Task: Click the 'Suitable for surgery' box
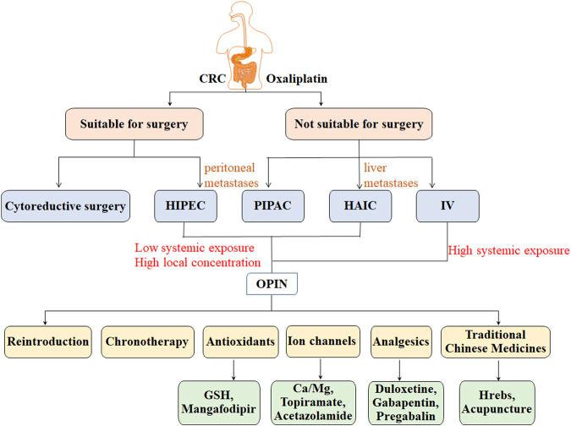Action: pyautogui.click(x=134, y=124)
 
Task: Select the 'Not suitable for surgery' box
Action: pyautogui.click(x=359, y=124)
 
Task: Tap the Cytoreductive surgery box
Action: pyautogui.click(x=65, y=206)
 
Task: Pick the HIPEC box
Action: pyautogui.click(x=185, y=206)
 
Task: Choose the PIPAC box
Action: pyautogui.click(x=272, y=206)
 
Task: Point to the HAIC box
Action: pyautogui.click(x=360, y=206)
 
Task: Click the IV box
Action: pyautogui.click(x=447, y=206)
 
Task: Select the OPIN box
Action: pyautogui.click(x=272, y=284)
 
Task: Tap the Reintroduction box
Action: pyautogui.click(x=47, y=341)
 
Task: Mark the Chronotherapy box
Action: pyautogui.click(x=147, y=341)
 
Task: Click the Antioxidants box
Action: pyautogui.click(x=241, y=341)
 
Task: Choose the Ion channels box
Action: pyautogui.click(x=322, y=341)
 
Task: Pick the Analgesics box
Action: pyautogui.click(x=401, y=341)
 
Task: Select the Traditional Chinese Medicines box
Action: pyautogui.click(x=495, y=341)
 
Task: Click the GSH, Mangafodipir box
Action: pyautogui.click(x=219, y=402)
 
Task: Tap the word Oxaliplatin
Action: pyautogui.click(x=297, y=79)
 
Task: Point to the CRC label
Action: pyautogui.click(x=212, y=79)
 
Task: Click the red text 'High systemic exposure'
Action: pyautogui.click(x=508, y=250)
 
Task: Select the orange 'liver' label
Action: pyautogui.click(x=375, y=167)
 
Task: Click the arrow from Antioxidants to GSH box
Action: pyautogui.click(x=233, y=369)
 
